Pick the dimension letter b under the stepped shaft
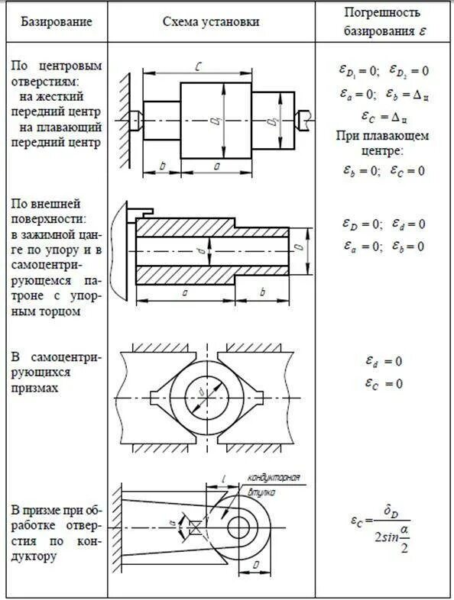pyautogui.click(x=163, y=165)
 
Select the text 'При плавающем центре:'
pyautogui.click(x=382, y=144)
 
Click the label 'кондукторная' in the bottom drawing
pyautogui.click(x=272, y=479)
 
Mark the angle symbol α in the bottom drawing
pyautogui.click(x=173, y=524)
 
